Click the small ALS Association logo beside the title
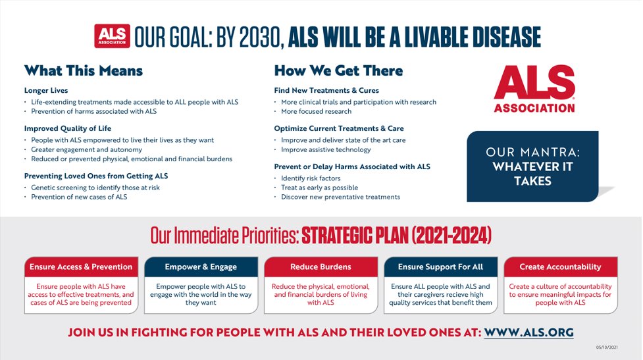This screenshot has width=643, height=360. click(x=112, y=37)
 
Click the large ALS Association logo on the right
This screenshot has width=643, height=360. click(x=534, y=90)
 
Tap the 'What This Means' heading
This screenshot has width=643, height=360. click(x=84, y=70)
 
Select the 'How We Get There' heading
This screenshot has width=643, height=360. click(x=338, y=70)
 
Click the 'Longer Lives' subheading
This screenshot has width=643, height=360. click(x=46, y=90)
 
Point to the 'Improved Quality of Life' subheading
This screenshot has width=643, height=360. click(x=68, y=128)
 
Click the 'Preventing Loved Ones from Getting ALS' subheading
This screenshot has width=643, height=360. click(x=96, y=176)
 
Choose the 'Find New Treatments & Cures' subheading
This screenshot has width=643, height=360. click(x=326, y=90)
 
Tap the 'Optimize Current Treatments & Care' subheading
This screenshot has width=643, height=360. click(x=339, y=128)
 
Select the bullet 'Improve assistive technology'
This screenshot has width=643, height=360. click(x=326, y=149)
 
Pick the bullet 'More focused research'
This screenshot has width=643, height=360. click(x=316, y=111)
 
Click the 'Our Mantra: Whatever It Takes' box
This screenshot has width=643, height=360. click(x=532, y=167)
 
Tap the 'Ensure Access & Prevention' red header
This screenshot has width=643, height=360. click(x=81, y=267)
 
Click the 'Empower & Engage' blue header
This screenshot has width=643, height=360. click(x=201, y=267)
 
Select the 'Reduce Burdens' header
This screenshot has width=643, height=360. click(x=321, y=267)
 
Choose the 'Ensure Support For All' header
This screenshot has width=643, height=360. click(x=441, y=267)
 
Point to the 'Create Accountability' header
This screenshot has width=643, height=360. click(x=560, y=267)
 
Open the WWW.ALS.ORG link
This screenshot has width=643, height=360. click(x=529, y=332)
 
